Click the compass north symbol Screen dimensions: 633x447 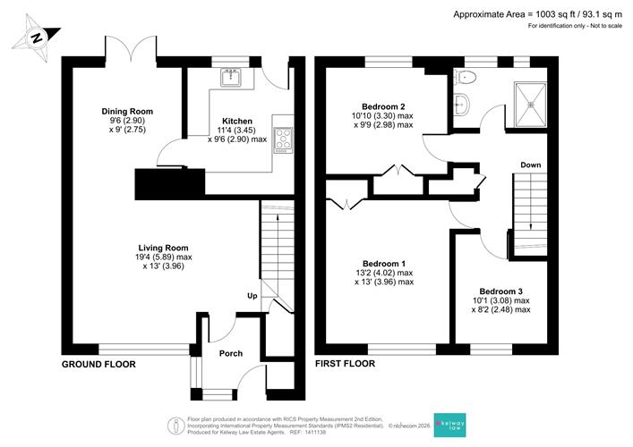pos(37,38)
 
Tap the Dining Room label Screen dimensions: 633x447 pos(127,111)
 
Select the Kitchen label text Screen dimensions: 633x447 pos(237,121)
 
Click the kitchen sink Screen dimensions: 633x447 pos(231,78)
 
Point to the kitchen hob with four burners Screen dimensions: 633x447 pos(284,139)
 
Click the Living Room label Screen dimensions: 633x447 pos(164,248)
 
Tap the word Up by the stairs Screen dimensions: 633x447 pos(252,296)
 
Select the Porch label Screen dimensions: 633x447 pos(231,353)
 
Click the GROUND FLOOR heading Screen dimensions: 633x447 pos(98,365)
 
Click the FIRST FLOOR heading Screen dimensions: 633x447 pos(346,364)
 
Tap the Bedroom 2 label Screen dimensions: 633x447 pos(383,106)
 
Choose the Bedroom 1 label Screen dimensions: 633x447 pos(384,264)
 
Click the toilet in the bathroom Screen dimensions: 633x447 pos(465,77)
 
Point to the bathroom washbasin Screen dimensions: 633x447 pos(461,105)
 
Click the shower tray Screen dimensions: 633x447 pos(530,105)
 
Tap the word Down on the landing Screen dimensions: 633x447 pos(530,164)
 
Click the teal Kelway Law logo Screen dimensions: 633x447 pos(449,425)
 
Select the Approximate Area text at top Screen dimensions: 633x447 pos(538,14)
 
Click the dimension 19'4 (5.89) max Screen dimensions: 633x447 pos(164,257)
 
